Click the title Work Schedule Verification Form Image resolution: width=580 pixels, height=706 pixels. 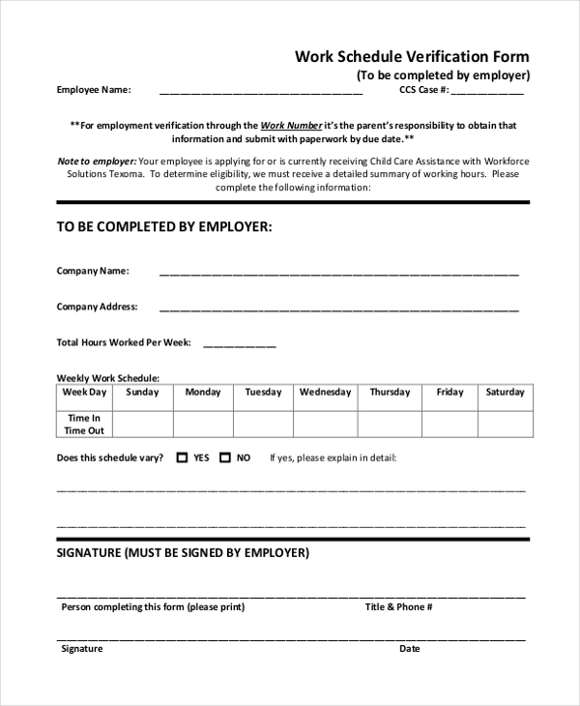click(412, 57)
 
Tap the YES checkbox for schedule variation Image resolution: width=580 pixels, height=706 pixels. click(182, 458)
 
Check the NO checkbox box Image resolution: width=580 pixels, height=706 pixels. click(225, 458)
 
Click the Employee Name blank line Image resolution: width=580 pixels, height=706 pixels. click(260, 93)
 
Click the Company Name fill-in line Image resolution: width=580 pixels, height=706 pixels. click(338, 274)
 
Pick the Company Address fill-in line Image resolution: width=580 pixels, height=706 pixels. click(338, 309)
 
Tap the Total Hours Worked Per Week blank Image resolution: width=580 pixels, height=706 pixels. click(239, 345)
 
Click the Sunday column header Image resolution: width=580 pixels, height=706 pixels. click(142, 393)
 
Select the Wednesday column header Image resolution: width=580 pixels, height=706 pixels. click(325, 393)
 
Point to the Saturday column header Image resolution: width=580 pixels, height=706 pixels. click(505, 393)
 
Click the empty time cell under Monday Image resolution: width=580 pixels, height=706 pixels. click(203, 424)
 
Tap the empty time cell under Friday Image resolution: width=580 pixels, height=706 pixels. click(449, 424)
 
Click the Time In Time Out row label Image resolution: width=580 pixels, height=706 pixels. click(84, 424)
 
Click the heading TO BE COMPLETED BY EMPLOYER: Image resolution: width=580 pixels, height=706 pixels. click(164, 226)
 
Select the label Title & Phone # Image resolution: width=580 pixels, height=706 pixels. click(398, 607)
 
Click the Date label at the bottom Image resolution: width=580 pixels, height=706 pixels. click(410, 649)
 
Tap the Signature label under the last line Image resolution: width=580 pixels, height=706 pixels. click(82, 649)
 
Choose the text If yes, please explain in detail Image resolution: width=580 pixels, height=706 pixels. click(333, 458)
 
